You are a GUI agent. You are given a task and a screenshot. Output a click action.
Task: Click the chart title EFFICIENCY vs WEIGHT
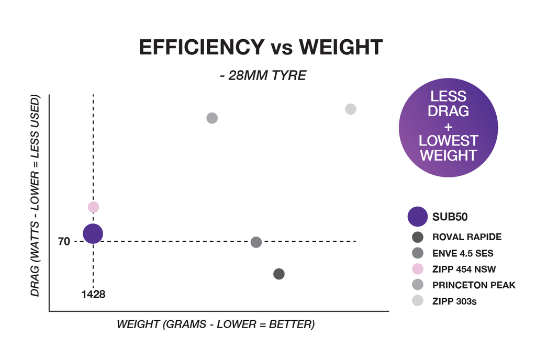click(261, 48)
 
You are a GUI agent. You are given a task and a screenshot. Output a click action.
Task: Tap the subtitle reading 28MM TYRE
click(263, 75)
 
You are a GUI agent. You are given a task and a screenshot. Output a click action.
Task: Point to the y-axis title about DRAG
click(35, 196)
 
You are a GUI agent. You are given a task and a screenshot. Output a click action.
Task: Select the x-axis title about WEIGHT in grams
click(216, 324)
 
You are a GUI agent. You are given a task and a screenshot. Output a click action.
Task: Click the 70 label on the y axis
click(64, 242)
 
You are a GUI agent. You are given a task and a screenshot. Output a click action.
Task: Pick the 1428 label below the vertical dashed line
click(93, 294)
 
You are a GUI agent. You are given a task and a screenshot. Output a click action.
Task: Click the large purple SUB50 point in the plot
click(93, 233)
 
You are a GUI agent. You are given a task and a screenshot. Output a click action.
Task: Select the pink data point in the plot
click(93, 207)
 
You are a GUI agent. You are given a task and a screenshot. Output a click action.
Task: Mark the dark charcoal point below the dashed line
click(279, 274)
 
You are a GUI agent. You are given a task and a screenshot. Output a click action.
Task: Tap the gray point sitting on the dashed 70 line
click(256, 242)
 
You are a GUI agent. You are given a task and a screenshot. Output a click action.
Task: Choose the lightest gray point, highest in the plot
click(351, 109)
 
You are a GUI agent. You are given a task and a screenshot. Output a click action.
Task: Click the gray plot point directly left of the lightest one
click(212, 118)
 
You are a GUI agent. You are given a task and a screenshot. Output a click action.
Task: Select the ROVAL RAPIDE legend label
click(467, 237)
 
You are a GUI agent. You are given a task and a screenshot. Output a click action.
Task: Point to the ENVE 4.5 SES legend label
click(463, 253)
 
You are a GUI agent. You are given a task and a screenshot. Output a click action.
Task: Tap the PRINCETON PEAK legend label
click(474, 285)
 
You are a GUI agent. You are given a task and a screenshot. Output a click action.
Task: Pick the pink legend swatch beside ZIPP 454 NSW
click(418, 269)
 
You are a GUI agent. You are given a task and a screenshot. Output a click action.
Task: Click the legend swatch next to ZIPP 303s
click(418, 301)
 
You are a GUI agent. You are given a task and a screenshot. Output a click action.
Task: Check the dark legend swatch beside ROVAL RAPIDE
click(418, 237)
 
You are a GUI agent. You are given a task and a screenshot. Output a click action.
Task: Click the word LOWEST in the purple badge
click(449, 141)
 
